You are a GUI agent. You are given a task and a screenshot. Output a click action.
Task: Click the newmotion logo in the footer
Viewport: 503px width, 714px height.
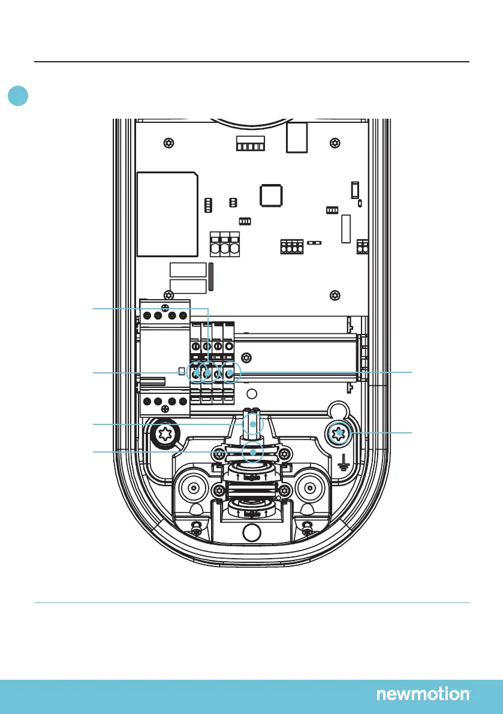423,694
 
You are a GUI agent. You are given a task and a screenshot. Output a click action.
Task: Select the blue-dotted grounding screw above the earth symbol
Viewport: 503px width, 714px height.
339,433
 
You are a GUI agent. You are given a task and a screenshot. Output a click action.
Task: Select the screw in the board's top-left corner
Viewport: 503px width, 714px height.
170,143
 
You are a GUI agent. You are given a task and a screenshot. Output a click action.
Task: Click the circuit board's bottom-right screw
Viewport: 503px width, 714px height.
335,296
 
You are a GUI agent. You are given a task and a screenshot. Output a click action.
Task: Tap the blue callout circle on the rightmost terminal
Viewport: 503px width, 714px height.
230,372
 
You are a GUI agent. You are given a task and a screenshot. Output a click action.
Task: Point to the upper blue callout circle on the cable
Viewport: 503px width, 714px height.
253,424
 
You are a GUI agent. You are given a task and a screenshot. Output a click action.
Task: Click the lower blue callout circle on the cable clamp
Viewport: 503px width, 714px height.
253,451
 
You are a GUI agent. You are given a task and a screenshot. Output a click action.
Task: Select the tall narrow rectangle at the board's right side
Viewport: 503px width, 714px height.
345,228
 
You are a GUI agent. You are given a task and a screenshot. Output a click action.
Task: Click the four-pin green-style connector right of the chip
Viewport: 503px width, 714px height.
292,247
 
